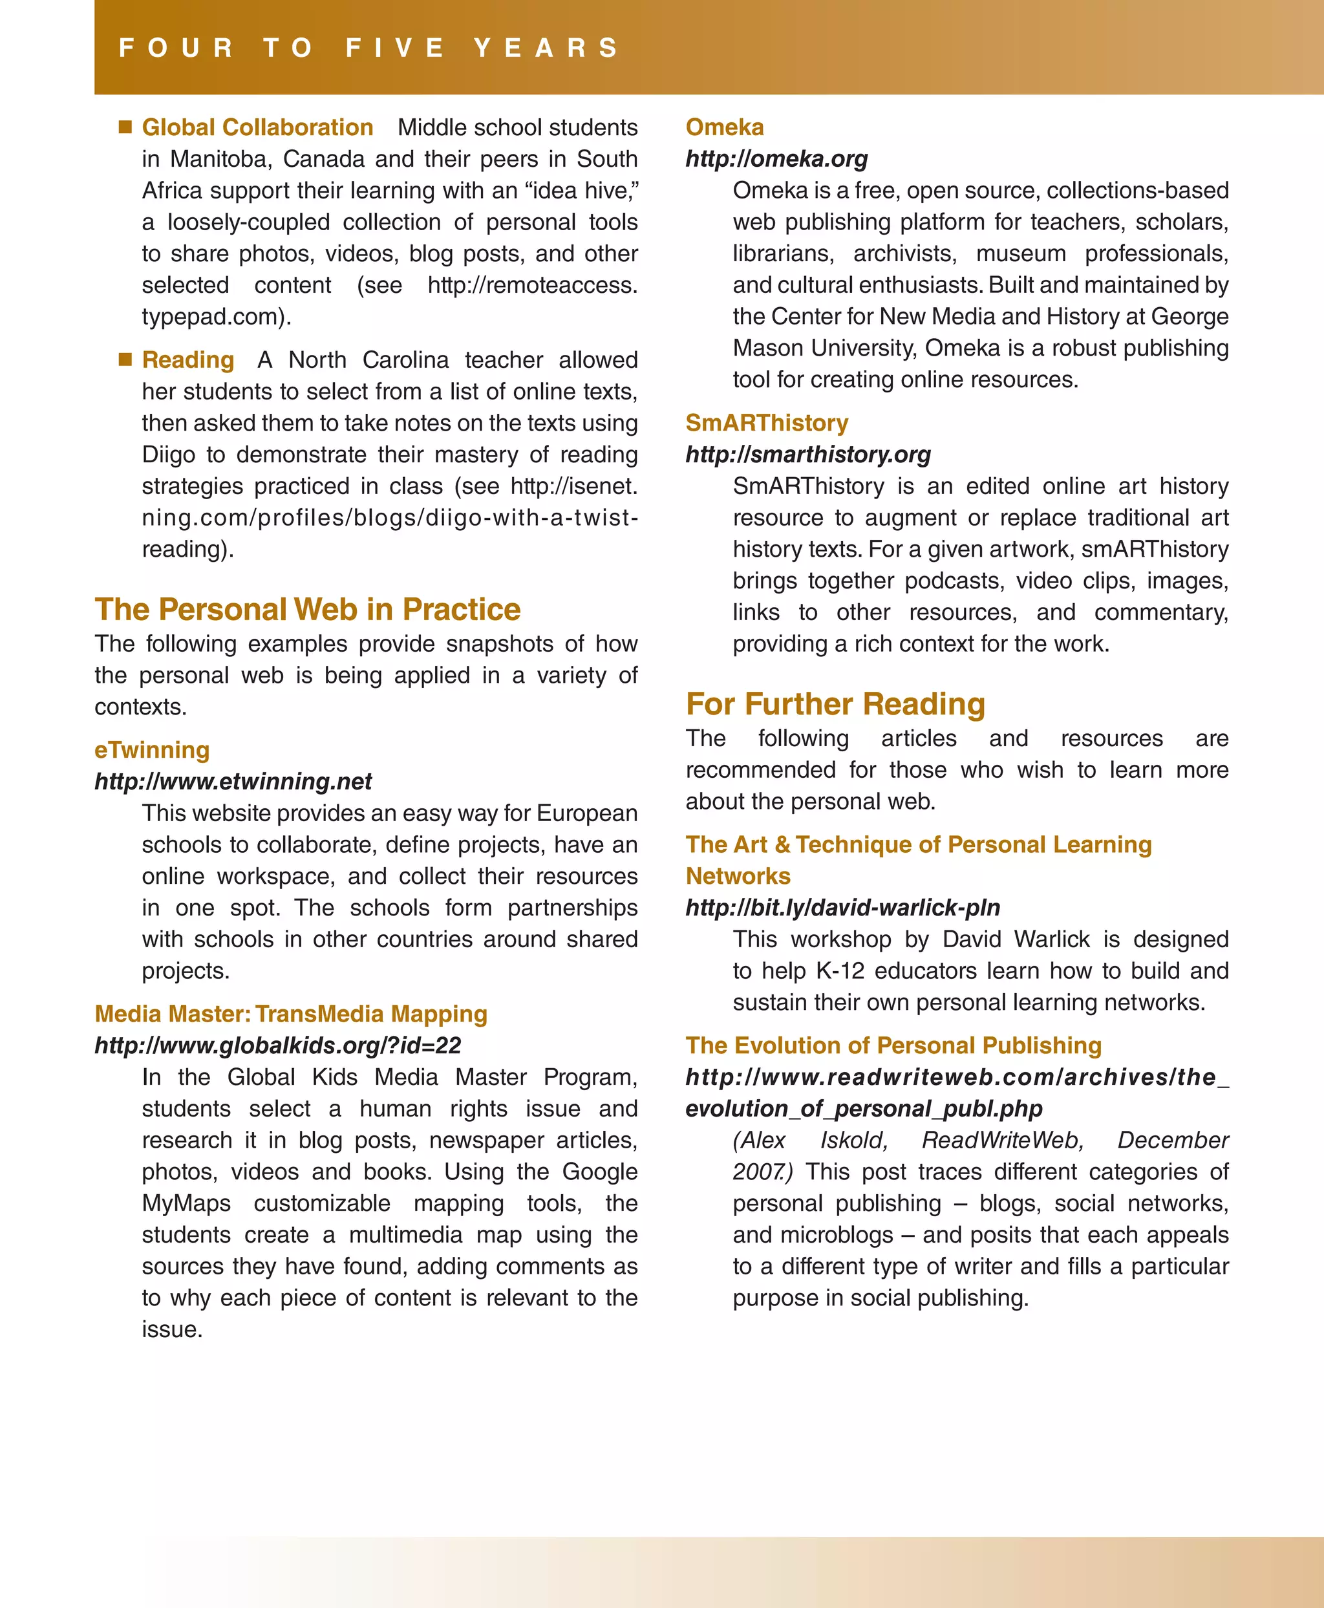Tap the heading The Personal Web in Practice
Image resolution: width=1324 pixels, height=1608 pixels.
(307, 610)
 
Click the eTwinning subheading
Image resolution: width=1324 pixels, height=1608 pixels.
(152, 750)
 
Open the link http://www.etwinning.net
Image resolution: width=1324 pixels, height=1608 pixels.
(233, 781)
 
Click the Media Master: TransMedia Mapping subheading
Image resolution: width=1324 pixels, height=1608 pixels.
(290, 1014)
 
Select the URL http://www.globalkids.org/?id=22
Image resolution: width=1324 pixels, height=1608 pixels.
(277, 1045)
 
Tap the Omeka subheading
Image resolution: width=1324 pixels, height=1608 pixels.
(725, 127)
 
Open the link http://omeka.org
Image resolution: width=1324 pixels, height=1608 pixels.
(776, 158)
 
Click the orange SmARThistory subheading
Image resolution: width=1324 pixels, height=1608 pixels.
(767, 423)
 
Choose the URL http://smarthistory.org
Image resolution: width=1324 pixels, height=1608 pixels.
(807, 455)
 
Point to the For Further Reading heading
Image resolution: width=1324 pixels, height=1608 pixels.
(835, 704)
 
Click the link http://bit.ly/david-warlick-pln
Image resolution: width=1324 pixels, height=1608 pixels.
(843, 908)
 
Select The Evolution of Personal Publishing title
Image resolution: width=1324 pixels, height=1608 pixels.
(893, 1045)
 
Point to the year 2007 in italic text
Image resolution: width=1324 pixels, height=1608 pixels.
(760, 1172)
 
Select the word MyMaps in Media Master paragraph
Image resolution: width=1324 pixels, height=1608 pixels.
(186, 1204)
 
